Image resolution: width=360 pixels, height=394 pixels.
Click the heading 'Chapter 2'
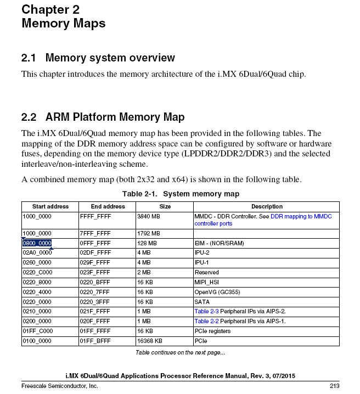(x=50, y=9)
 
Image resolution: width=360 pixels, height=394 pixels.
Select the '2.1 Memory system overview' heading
(x=98, y=58)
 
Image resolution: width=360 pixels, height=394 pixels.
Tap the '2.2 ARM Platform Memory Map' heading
(x=103, y=117)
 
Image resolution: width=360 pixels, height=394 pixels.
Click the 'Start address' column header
(x=50, y=206)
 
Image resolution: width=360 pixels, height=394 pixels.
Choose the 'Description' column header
(x=267, y=206)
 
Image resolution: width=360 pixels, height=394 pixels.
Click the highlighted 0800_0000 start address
(x=37, y=243)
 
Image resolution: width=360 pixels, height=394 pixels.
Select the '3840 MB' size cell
(x=147, y=217)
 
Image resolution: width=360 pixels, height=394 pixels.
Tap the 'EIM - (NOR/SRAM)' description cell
(x=219, y=243)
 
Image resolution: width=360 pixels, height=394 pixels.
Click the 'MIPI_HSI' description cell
(x=207, y=282)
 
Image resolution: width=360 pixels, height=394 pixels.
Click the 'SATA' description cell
(x=202, y=302)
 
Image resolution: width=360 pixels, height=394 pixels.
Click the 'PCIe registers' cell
(x=212, y=331)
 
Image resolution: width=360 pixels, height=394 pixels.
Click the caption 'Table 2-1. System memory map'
(x=180, y=194)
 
